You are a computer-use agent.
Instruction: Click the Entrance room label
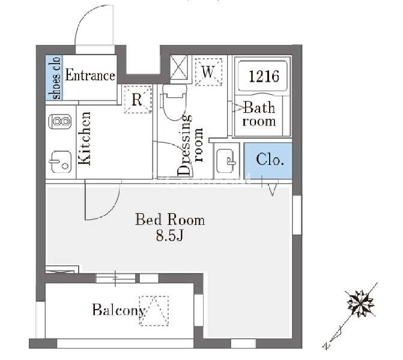coord(90,76)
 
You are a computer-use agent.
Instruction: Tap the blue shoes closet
coord(54,77)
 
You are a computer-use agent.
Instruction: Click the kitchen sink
coord(60,162)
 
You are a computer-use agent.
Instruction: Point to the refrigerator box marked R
coord(138,100)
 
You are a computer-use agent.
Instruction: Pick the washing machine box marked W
coord(208,72)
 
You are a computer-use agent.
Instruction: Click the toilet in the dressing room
coord(174,102)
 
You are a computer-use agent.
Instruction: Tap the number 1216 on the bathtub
coord(264,76)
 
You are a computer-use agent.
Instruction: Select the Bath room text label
coord(259,114)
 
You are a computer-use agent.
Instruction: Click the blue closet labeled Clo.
coord(268,161)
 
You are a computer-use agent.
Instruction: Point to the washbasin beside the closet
coord(226,161)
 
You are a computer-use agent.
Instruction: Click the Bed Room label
coord(170,220)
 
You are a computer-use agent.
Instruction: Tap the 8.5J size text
coord(170,235)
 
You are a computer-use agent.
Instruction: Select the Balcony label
coord(119,310)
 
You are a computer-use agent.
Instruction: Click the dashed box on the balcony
coord(154,311)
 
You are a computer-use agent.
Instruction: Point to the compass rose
coord(360,304)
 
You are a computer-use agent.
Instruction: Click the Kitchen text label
coord(85,139)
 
